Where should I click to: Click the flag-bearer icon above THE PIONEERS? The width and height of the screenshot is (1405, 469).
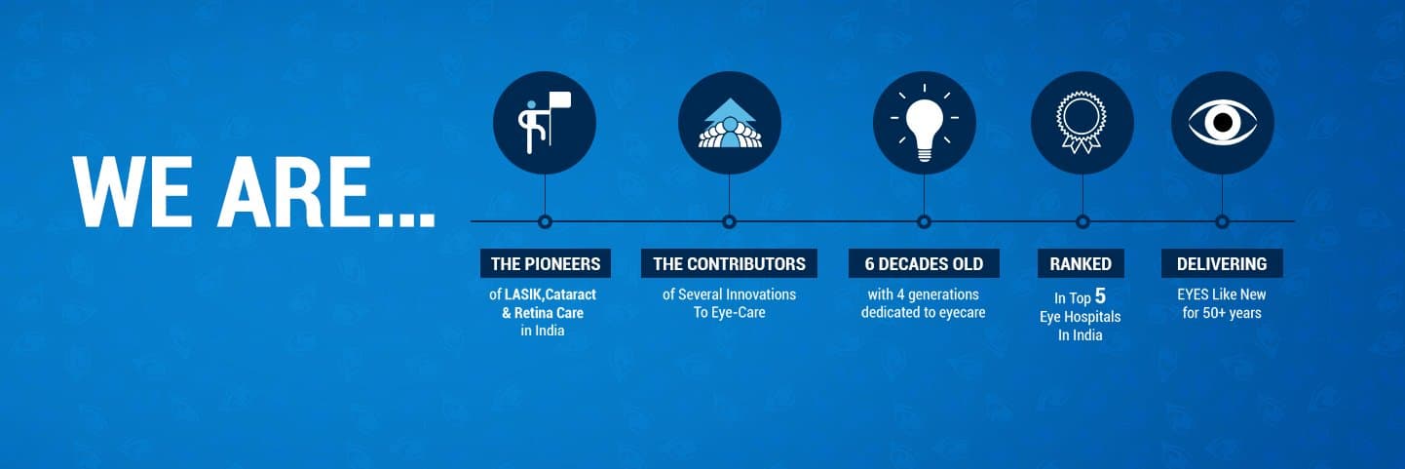[543, 123]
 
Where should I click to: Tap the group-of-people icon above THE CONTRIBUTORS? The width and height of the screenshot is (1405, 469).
[730, 123]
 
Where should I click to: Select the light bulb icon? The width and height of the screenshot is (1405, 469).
[924, 123]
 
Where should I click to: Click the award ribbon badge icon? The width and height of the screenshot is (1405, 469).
[1082, 123]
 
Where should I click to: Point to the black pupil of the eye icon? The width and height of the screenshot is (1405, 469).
[1223, 123]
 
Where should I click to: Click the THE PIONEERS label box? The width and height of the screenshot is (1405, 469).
[545, 263]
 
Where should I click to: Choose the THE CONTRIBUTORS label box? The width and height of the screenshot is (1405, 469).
[729, 263]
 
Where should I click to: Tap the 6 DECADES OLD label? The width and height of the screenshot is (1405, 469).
[924, 263]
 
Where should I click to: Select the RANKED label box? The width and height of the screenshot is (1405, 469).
[1081, 263]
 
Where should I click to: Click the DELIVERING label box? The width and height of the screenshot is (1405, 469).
[1222, 263]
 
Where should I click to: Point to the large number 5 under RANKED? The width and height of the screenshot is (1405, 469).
[1100, 295]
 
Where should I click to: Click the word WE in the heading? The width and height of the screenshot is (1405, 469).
[133, 191]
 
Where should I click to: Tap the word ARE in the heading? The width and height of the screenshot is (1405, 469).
[292, 191]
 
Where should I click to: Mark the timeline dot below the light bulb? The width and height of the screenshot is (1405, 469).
[924, 221]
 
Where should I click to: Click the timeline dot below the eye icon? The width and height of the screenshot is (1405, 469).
[1222, 221]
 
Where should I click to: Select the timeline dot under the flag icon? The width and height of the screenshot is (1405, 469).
[545, 221]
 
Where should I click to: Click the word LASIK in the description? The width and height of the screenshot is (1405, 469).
[523, 294]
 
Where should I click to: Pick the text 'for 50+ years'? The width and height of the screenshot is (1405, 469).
[1222, 313]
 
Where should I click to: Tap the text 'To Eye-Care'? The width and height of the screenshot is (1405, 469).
[730, 313]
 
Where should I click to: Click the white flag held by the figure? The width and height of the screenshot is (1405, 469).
[560, 99]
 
